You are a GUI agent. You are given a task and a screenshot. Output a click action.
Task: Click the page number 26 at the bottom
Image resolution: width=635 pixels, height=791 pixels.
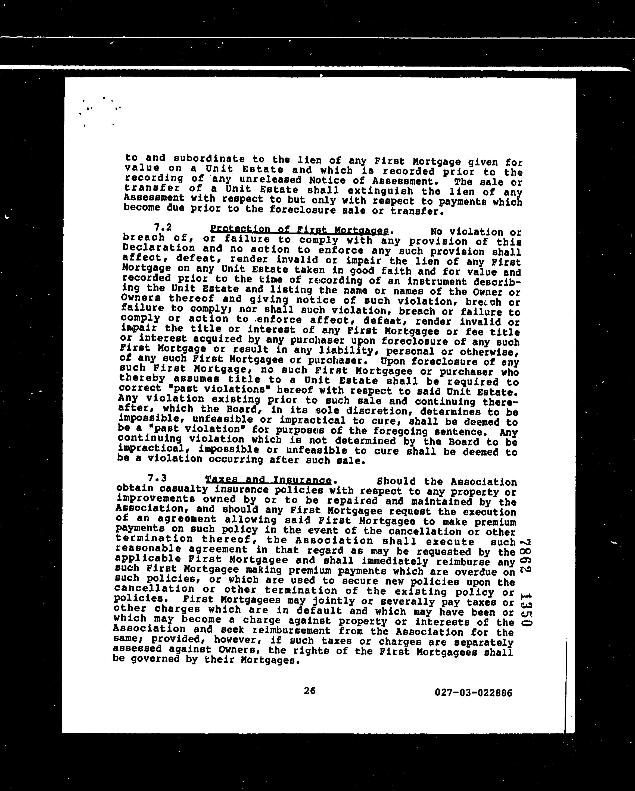click(309, 691)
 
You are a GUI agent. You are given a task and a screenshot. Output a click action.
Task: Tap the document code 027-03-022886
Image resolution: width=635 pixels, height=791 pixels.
click(473, 693)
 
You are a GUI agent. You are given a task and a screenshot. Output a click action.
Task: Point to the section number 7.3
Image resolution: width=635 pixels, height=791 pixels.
click(157, 478)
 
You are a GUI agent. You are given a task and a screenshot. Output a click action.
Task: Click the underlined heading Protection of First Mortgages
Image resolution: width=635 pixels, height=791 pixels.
click(299, 230)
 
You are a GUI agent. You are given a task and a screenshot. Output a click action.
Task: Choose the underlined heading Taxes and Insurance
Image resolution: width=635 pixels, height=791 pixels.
click(268, 480)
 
